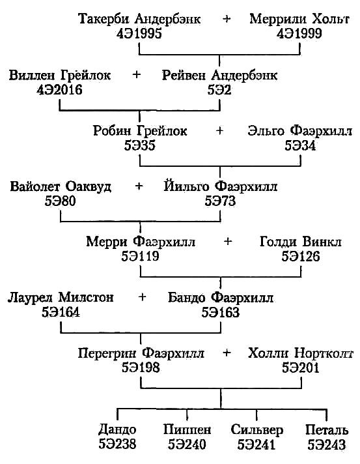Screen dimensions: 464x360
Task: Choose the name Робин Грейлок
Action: pos(140,131)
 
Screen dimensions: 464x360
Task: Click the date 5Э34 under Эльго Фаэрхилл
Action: pos(300,145)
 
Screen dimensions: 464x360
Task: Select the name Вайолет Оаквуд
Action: pos(61,187)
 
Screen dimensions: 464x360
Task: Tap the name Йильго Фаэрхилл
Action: pos(220,187)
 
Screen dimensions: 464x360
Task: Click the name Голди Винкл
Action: pos(300,242)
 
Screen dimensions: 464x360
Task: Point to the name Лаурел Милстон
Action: pos(61,298)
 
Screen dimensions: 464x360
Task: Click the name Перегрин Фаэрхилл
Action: pos(140,354)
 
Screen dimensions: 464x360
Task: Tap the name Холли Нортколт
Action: pos(300,354)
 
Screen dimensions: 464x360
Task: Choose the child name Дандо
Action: pos(117,431)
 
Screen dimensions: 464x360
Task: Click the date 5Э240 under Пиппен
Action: pos(187,445)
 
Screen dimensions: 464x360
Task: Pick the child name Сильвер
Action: pos(256,431)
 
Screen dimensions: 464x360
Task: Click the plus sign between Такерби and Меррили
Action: pos(227,20)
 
